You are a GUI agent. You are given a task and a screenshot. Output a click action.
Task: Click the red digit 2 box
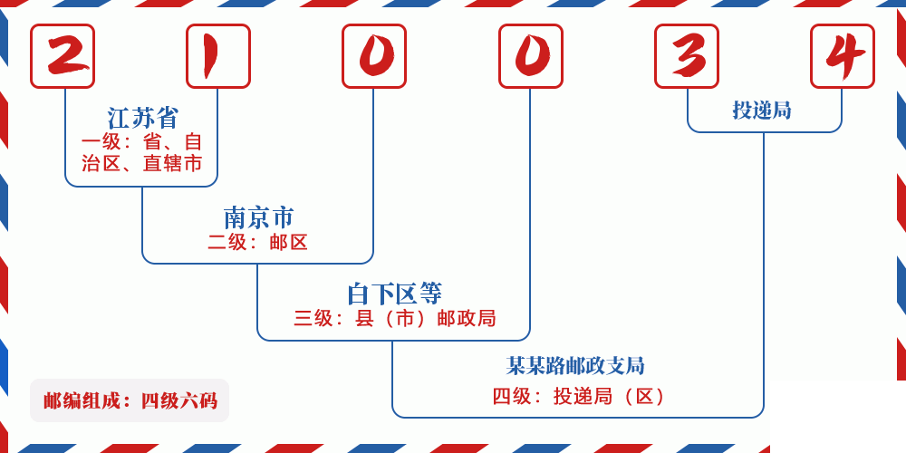(x=63, y=56)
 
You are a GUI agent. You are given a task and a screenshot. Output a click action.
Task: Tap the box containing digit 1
(x=218, y=56)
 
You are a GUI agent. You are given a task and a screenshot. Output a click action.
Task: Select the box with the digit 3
(x=687, y=56)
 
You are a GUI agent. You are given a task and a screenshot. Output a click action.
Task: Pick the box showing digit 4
(x=843, y=56)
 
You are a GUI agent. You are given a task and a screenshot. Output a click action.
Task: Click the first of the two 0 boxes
(x=374, y=56)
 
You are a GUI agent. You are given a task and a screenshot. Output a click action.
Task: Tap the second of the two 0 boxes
(x=531, y=56)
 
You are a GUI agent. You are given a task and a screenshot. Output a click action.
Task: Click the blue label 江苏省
(x=143, y=118)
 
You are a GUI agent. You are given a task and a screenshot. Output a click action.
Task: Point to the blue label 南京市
(x=258, y=217)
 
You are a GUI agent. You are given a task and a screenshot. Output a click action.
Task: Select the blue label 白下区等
(x=394, y=294)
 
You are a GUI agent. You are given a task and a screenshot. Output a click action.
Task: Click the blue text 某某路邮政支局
(x=575, y=366)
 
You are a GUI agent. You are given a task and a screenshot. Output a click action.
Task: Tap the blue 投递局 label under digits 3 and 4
(x=762, y=111)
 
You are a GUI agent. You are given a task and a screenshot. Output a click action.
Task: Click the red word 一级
(x=101, y=142)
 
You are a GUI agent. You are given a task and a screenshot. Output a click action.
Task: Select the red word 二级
(x=227, y=242)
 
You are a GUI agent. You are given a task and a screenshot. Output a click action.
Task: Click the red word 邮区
(x=289, y=242)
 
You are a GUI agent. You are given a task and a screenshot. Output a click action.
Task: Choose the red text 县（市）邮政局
(x=426, y=318)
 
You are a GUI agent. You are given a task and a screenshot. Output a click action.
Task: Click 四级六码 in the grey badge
(x=178, y=400)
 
